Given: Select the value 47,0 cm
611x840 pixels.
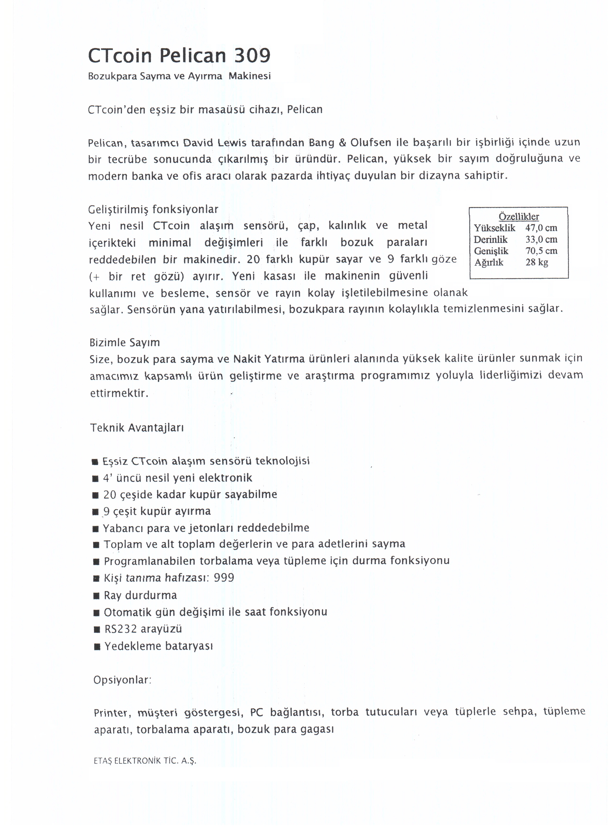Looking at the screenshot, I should (541, 228).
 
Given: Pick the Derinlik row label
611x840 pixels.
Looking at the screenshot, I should (490, 240).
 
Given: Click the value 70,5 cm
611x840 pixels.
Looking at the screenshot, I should (541, 251).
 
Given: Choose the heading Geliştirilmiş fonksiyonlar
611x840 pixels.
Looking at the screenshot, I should (153, 210).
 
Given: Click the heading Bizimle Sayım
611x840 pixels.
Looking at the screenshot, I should (125, 343).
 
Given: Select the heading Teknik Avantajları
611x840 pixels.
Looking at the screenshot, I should (137, 428).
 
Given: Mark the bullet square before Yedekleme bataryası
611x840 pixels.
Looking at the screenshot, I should (97, 647).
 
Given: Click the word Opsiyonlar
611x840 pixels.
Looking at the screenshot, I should (122, 680).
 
